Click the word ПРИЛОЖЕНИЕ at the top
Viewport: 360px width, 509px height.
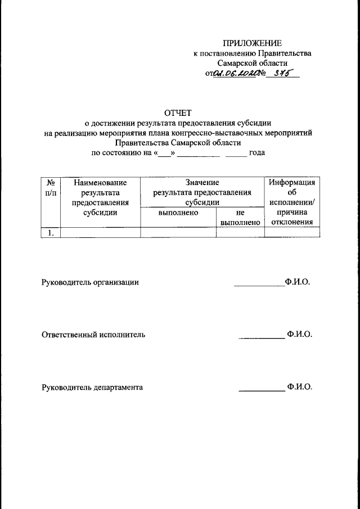tap(252, 43)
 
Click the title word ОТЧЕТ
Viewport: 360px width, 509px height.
tap(178, 113)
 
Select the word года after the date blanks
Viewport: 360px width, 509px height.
tap(257, 152)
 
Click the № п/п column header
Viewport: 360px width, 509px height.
tap(50, 188)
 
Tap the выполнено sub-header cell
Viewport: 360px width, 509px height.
tap(178, 214)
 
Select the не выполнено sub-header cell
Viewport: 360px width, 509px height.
tap(240, 218)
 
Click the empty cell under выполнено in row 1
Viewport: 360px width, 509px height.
tap(178, 232)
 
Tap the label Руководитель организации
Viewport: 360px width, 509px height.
tap(90, 282)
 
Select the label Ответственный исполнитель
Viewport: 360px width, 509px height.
tap(93, 335)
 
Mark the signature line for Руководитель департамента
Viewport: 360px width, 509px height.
tap(262, 390)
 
